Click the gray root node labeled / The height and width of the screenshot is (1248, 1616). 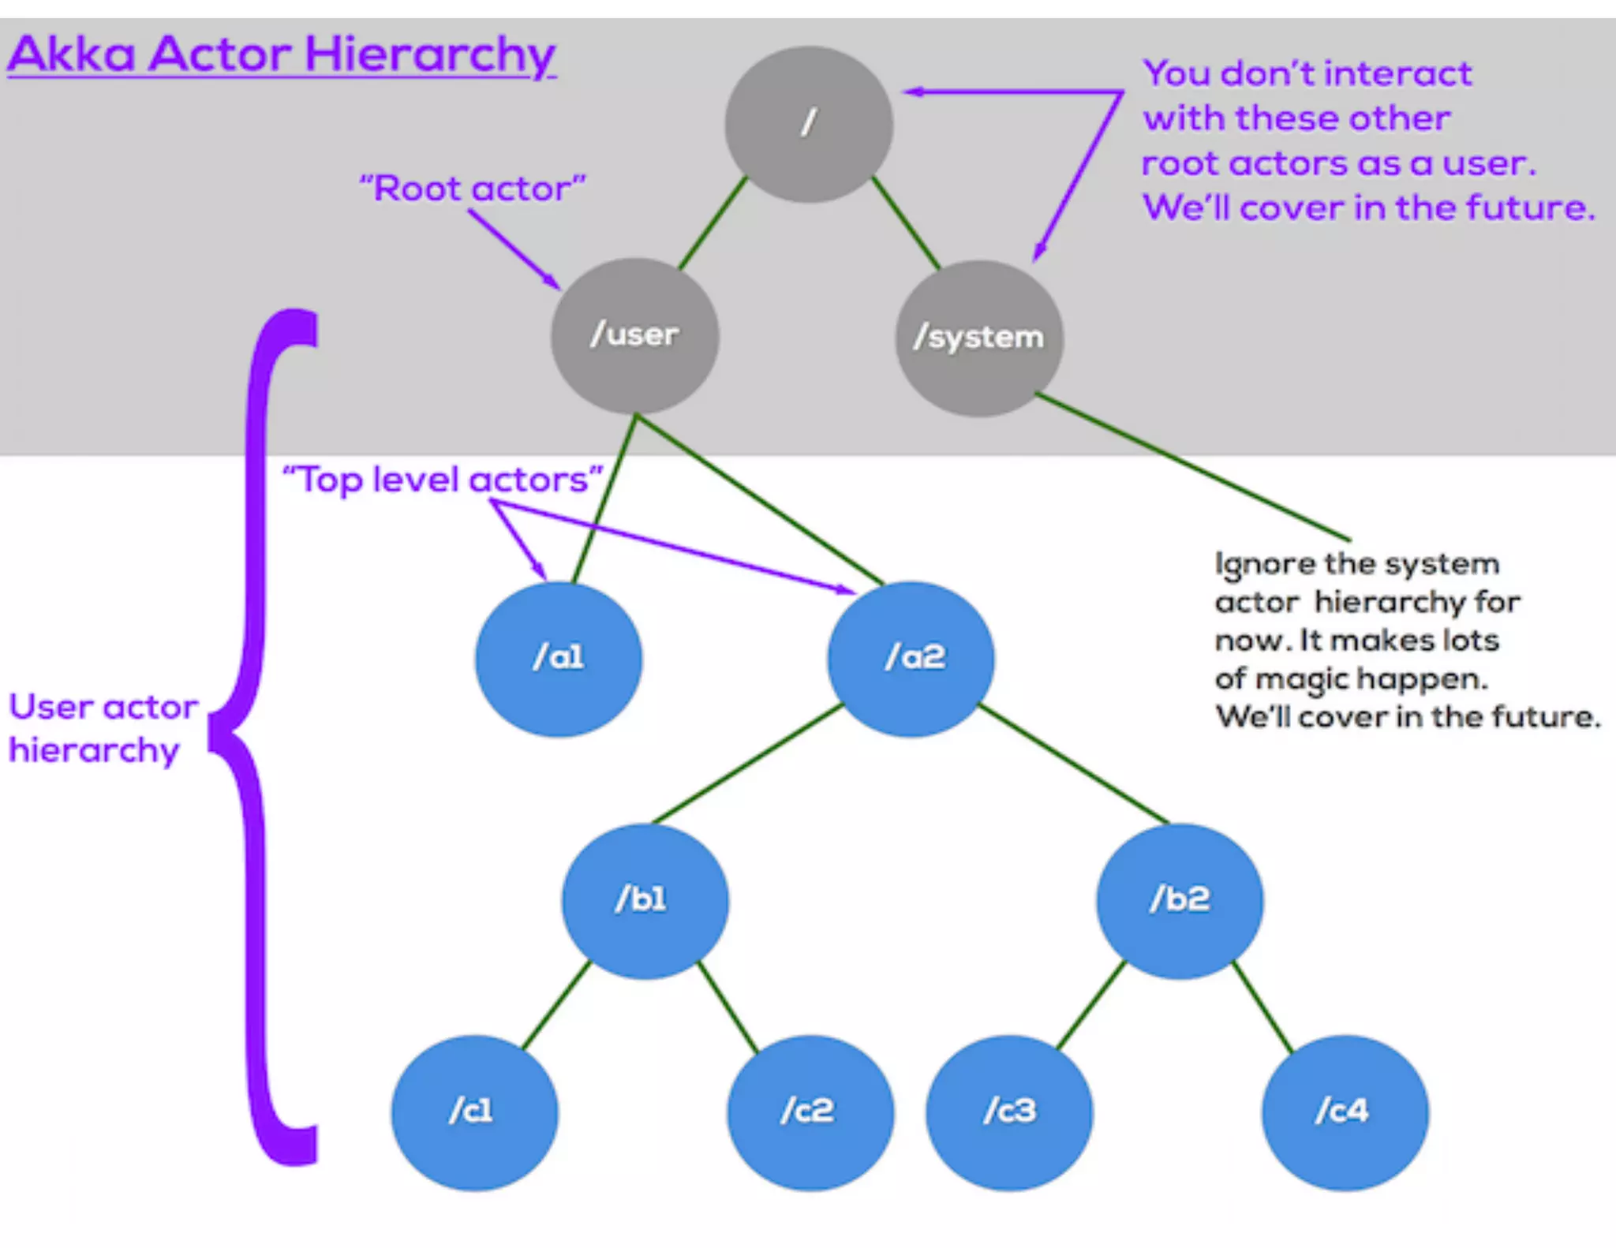pos(809,124)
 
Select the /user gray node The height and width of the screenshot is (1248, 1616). pos(634,335)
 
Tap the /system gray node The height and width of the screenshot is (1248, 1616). pos(978,338)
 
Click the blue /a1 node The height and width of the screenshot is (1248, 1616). pos(559,658)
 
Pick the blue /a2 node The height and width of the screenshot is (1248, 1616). pos(911,658)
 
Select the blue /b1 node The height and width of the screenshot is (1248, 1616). pos(645,900)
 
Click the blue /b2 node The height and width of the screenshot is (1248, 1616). pos(1180,900)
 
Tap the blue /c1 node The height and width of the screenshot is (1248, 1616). pos(474,1112)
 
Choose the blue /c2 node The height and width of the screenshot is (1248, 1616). pos(810,1112)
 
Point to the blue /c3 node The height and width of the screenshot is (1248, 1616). pos(1009,1112)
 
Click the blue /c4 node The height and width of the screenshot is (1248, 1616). pos(1345,1112)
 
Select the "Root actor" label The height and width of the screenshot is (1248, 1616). pos(472,189)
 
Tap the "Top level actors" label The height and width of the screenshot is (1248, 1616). pos(442,479)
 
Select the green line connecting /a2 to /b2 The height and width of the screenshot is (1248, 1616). pos(1073,764)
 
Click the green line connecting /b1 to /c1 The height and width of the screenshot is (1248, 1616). pos(556,1004)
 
